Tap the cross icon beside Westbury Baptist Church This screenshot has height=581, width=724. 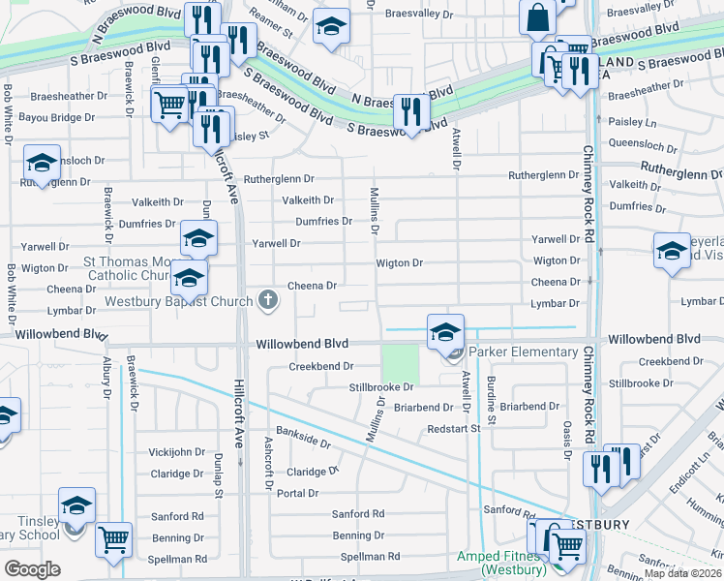[269, 301]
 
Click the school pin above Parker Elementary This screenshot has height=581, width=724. [445, 332]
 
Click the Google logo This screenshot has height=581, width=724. [32, 569]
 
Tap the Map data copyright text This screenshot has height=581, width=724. [683, 573]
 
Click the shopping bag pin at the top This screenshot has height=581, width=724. [537, 18]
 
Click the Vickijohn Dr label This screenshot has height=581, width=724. [177, 452]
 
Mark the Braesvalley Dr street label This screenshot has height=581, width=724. [419, 15]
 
